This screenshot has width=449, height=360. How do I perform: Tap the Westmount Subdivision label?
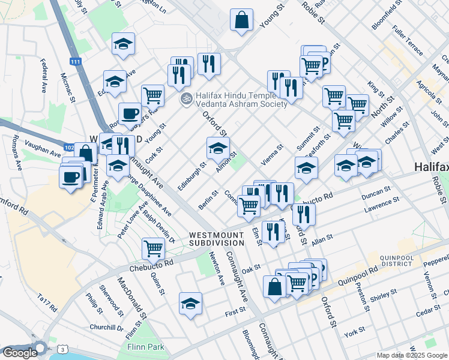click(x=217, y=239)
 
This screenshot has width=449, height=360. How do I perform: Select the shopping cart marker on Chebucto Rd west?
click(x=154, y=247)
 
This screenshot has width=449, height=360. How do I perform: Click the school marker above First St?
click(x=190, y=304)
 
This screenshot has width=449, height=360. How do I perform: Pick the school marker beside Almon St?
click(x=218, y=148)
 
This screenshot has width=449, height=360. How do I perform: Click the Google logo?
click(x=19, y=353)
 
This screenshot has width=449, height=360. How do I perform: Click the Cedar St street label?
click(x=428, y=312)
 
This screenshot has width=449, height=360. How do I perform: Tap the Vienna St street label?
click(x=272, y=155)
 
